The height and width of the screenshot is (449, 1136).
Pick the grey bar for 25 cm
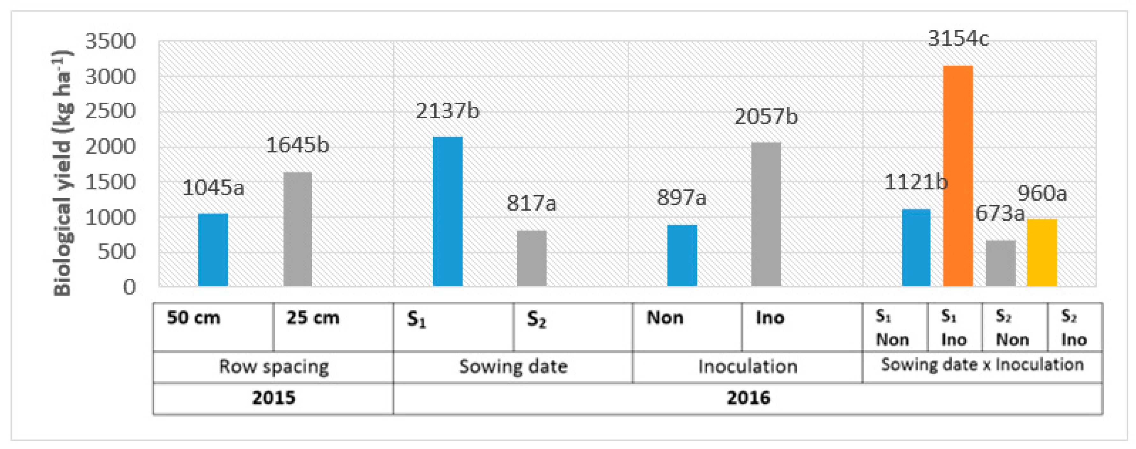(298, 229)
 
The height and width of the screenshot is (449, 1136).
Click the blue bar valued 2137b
(448, 211)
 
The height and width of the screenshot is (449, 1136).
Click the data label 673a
(1000, 213)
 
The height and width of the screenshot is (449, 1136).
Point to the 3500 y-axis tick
(110, 41)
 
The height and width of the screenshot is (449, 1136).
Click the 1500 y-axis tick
(110, 182)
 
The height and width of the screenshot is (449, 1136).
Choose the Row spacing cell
(273, 366)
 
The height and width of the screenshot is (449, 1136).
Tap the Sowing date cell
(513, 366)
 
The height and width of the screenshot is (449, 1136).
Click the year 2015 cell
(273, 398)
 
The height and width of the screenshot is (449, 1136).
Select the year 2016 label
(748, 398)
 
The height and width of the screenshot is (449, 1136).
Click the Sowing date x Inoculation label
(982, 365)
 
